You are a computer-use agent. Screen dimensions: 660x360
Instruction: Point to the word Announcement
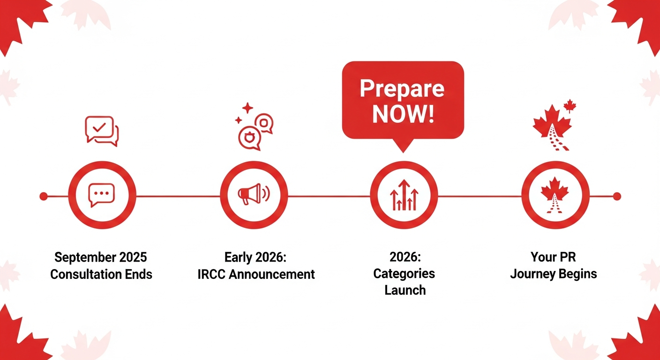click(272, 274)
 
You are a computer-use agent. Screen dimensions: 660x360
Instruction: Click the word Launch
click(405, 290)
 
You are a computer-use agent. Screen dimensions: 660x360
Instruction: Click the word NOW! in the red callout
click(403, 114)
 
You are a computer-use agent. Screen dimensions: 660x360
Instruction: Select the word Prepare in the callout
click(402, 89)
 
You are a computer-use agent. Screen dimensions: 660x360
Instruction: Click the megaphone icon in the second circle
click(254, 194)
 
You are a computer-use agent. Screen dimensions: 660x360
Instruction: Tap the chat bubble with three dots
click(101, 195)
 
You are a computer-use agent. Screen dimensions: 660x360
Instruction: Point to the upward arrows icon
click(404, 195)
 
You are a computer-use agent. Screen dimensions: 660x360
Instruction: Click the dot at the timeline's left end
click(44, 196)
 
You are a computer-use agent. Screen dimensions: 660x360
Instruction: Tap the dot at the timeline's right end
click(617, 196)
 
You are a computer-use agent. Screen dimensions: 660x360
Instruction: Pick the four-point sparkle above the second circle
click(247, 108)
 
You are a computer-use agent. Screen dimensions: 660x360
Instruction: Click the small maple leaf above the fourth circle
click(570, 106)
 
